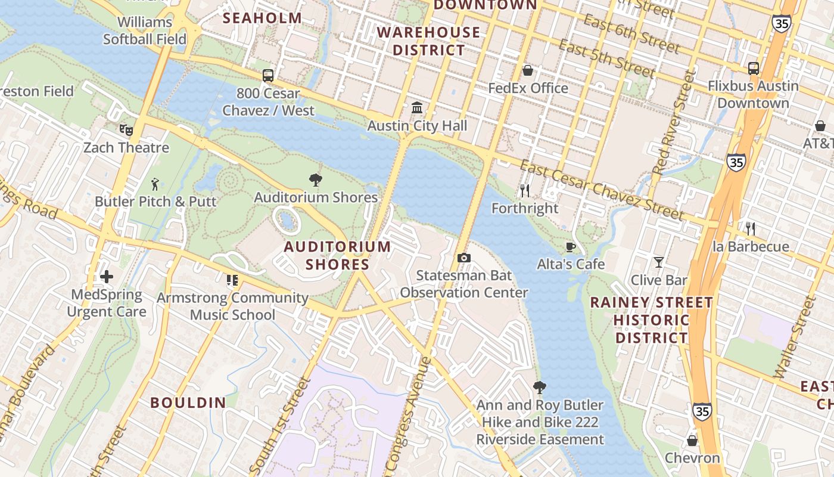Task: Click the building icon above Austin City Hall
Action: tap(417, 108)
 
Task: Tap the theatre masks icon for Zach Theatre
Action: tap(126, 129)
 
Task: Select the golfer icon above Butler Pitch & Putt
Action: tap(155, 184)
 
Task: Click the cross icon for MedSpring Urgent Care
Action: tap(107, 277)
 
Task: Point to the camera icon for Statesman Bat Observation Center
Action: tap(463, 258)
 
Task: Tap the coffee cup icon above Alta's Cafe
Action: tap(571, 247)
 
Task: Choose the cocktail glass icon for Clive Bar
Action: tap(658, 262)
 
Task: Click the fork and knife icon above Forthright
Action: tap(525, 191)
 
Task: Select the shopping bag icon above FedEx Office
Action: tap(528, 71)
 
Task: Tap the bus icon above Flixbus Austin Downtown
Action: tap(754, 69)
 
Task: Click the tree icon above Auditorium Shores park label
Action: tap(316, 180)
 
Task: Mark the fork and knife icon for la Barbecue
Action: tap(751, 229)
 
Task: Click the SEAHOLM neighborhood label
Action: tap(263, 18)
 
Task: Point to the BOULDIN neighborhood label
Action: tap(188, 402)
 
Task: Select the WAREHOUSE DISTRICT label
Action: tap(429, 41)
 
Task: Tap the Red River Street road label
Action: tap(674, 122)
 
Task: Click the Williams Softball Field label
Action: tap(145, 31)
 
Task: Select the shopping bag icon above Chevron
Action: tap(692, 441)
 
